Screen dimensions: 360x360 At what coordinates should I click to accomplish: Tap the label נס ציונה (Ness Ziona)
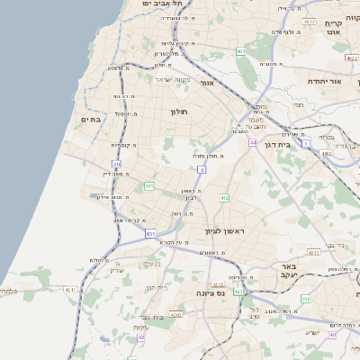pos(212,293)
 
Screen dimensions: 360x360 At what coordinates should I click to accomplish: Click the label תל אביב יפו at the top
pos(162,4)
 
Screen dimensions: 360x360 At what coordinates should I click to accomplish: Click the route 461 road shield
pos(241,52)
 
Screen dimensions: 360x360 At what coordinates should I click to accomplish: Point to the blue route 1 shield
pos(306,143)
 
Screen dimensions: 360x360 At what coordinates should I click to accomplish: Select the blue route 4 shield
pos(202,168)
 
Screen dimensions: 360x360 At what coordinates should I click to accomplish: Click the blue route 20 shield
pos(117,165)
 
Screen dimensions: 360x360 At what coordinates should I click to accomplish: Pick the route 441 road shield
pos(148,186)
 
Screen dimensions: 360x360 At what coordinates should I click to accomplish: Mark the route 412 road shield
pos(224,198)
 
